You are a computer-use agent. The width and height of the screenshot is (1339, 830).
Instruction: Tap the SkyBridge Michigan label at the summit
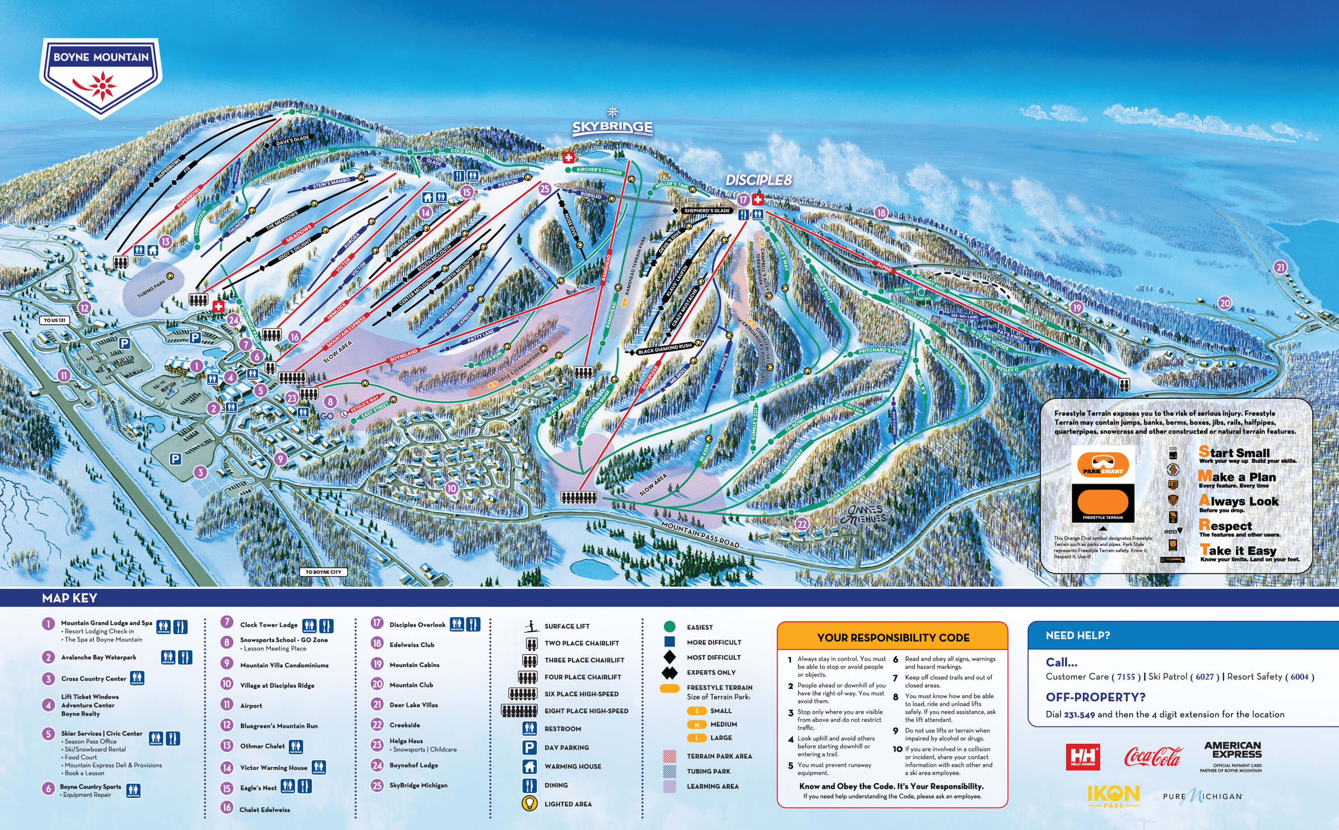pyautogui.click(x=612, y=127)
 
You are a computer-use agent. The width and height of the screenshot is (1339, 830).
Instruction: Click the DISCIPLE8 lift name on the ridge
pyautogui.click(x=758, y=180)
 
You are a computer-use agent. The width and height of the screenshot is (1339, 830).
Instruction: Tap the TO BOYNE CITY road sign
pyautogui.click(x=323, y=572)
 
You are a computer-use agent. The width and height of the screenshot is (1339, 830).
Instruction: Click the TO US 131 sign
pyautogui.click(x=54, y=320)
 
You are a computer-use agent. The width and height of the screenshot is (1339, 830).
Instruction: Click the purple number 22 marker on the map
pyautogui.click(x=802, y=524)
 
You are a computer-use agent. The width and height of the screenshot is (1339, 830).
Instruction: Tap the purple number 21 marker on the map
pyautogui.click(x=1280, y=267)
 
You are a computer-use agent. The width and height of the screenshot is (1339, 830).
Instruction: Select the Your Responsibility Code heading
pyautogui.click(x=893, y=637)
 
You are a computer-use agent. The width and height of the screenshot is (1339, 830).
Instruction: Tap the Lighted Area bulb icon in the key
pyautogui.click(x=529, y=804)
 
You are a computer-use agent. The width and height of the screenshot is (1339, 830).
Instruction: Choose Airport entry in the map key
pyautogui.click(x=250, y=706)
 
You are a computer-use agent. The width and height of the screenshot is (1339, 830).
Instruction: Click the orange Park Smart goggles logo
pyautogui.click(x=1102, y=464)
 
